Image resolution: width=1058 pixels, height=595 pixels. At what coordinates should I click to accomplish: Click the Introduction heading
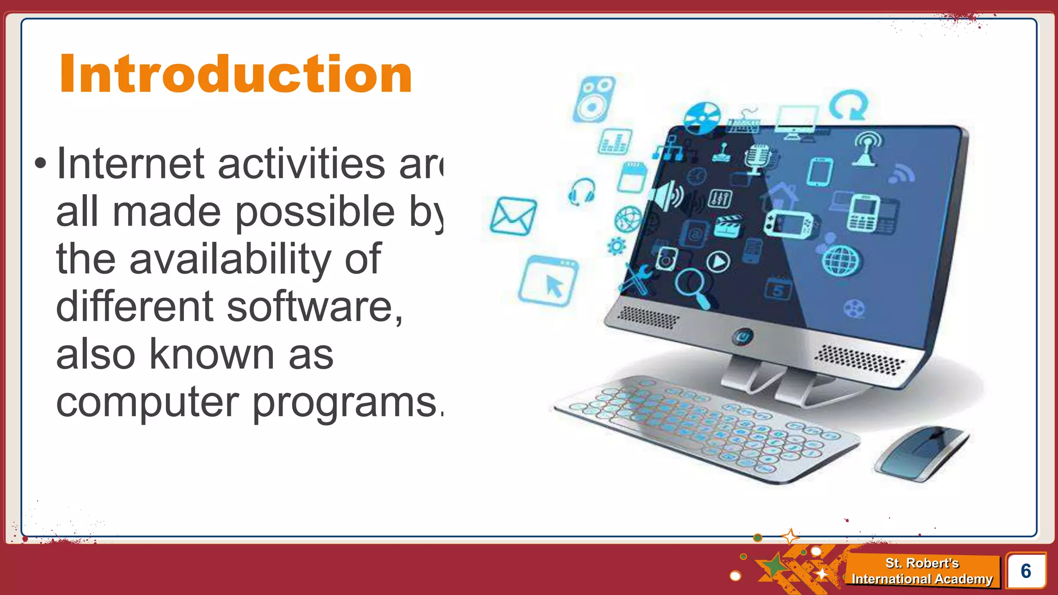236,75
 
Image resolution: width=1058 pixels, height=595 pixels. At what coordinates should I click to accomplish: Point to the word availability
229,260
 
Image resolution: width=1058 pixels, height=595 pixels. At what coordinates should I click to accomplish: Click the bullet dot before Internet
40,164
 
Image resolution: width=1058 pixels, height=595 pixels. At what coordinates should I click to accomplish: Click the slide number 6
1025,571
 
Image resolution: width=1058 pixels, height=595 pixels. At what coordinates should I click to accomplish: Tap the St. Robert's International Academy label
922,571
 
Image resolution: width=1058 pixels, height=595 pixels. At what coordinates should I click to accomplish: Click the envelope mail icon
512,216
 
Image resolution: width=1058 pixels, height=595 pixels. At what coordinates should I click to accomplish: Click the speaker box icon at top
594,100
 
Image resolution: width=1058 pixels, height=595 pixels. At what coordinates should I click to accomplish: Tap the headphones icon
582,192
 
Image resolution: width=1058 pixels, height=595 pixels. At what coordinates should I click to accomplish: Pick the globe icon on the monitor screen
841,261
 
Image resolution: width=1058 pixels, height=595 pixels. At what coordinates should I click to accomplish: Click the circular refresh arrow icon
848,106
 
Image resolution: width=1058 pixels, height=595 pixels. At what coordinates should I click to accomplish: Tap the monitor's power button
742,337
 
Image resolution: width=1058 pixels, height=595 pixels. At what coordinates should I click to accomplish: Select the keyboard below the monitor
708,429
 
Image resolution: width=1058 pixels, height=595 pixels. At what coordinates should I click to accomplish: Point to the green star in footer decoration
773,567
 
